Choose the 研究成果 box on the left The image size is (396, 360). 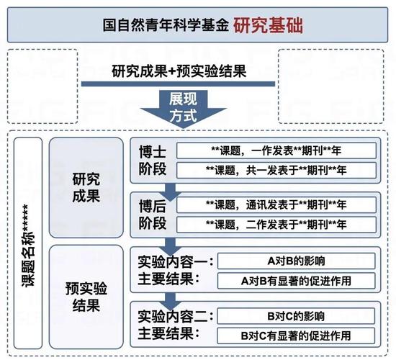pos(86,187)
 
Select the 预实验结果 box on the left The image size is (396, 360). pos(86,296)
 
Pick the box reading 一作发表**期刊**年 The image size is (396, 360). pos(276,151)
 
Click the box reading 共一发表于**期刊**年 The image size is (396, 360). pos(276,170)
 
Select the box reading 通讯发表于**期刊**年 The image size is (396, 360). pos(276,204)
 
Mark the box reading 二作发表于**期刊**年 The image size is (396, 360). pos(276,223)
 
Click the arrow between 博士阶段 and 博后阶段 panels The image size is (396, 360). pos(171,189)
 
